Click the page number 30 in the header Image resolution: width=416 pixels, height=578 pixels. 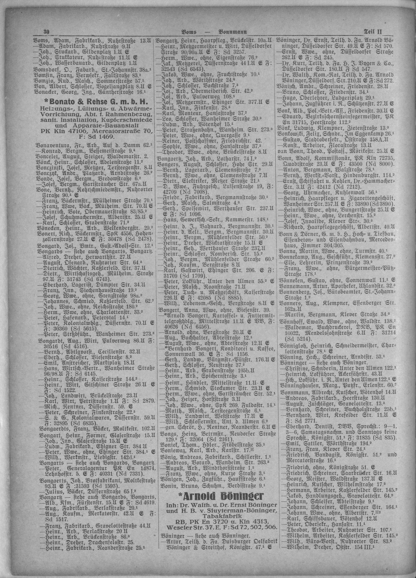pos(46,32)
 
